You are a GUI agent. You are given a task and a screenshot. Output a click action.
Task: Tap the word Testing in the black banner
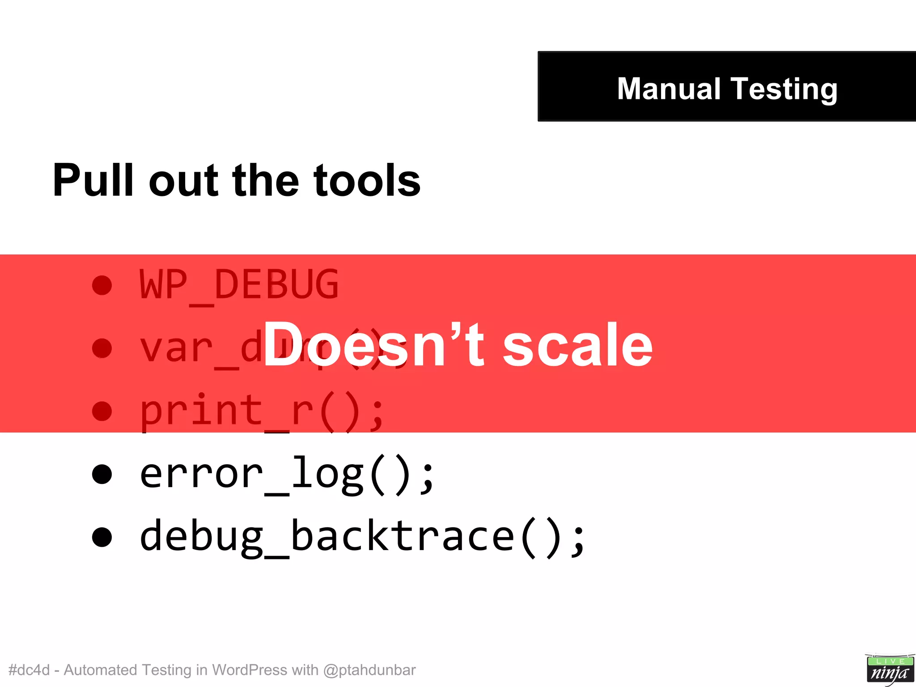(x=784, y=89)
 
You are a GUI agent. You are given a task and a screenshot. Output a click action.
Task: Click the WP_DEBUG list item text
(x=239, y=284)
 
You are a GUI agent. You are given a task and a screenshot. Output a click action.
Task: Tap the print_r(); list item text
(x=262, y=411)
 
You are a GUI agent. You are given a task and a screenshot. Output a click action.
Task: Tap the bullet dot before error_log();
(x=102, y=474)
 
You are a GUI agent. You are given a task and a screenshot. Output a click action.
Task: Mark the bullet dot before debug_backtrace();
(x=102, y=537)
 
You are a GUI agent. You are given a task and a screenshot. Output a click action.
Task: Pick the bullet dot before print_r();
(x=102, y=411)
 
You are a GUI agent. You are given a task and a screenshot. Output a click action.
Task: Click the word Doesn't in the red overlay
(x=373, y=345)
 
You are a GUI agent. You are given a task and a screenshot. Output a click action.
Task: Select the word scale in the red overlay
(x=577, y=346)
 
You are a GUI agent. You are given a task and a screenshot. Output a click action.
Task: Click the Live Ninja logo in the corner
(x=889, y=669)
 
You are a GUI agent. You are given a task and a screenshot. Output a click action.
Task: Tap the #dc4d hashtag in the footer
(x=29, y=670)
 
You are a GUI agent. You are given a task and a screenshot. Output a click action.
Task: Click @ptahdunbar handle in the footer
(x=369, y=670)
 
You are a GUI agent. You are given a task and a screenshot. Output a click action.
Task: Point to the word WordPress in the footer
(x=249, y=670)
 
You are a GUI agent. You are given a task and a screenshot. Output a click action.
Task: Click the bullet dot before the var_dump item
(x=102, y=348)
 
